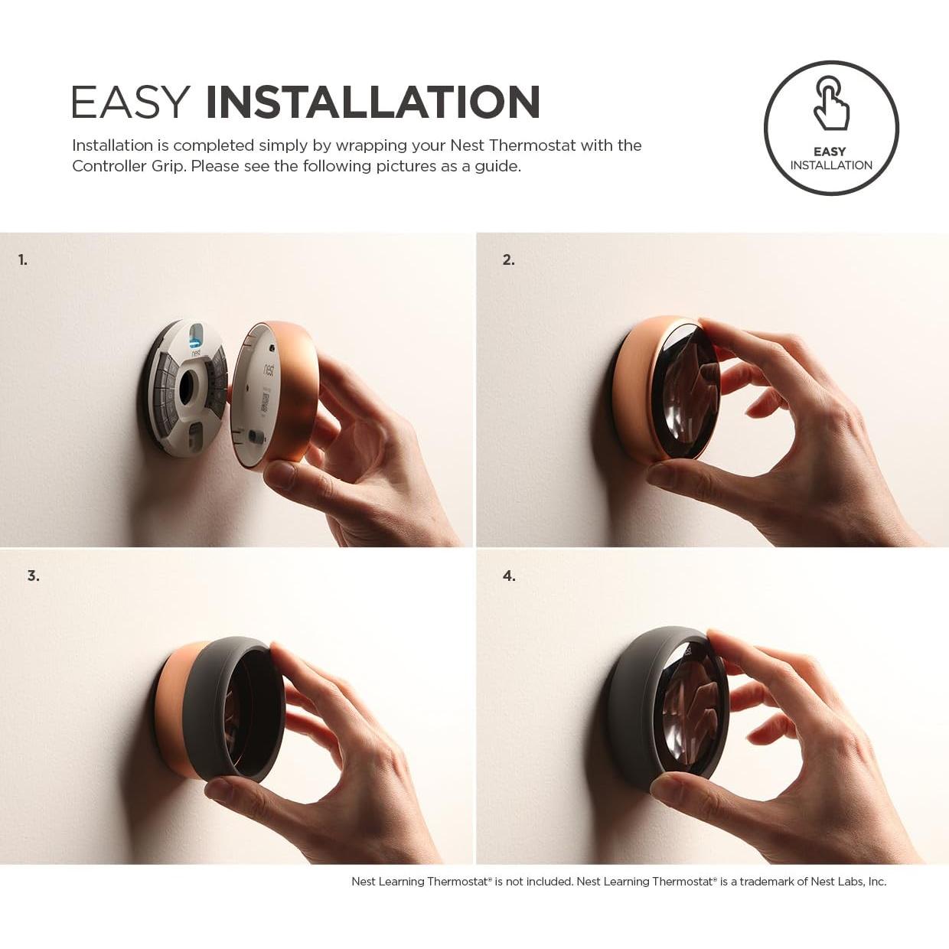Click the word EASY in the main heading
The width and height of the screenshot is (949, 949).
(131, 103)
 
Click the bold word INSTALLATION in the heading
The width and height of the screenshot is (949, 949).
(373, 103)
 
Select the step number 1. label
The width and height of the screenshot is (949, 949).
(23, 260)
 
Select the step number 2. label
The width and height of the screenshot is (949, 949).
(509, 260)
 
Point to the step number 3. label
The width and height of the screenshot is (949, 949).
(34, 576)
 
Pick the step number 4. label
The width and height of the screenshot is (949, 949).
(509, 576)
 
